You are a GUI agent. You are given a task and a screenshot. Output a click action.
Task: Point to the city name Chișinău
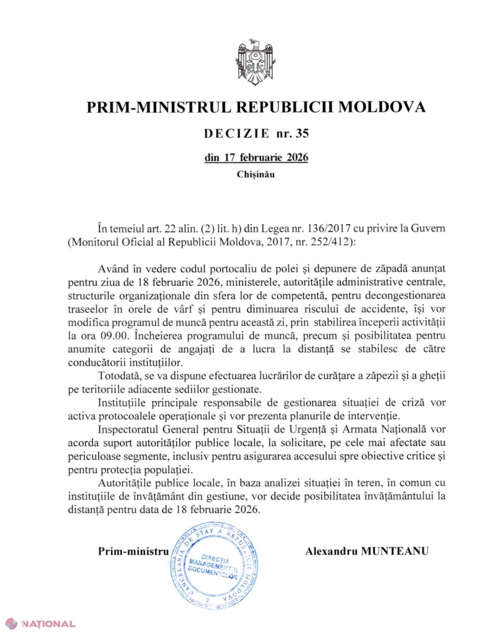pos(256,172)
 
